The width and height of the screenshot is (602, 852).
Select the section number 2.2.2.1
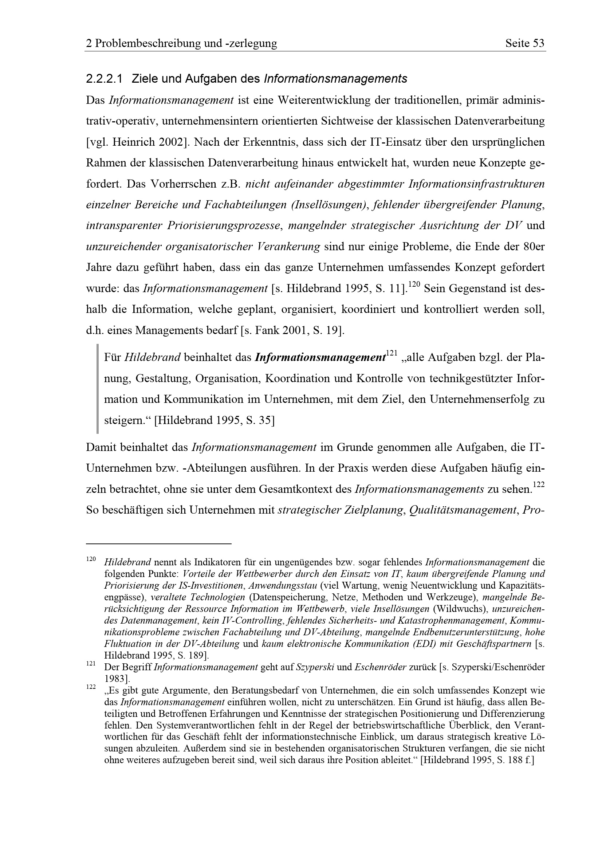pos(104,79)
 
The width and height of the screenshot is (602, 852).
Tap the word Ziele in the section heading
pos(144,79)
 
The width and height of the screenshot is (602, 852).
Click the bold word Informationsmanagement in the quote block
pos(320,358)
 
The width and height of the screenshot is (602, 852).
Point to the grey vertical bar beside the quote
pos(98,389)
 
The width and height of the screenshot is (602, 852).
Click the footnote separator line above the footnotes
pos(158,543)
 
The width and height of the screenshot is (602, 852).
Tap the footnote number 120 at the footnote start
pos(91,559)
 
